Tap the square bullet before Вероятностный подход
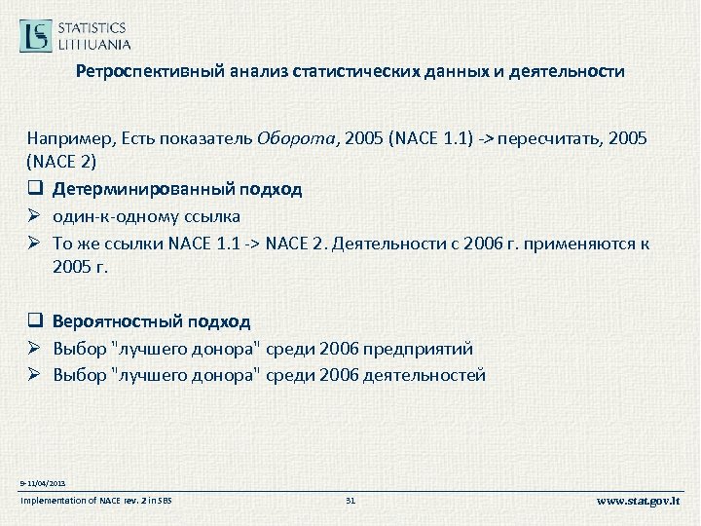34,321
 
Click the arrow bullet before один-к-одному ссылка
34,216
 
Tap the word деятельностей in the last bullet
429,375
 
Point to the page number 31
351,501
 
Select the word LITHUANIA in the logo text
94,44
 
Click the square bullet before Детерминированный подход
34,188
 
